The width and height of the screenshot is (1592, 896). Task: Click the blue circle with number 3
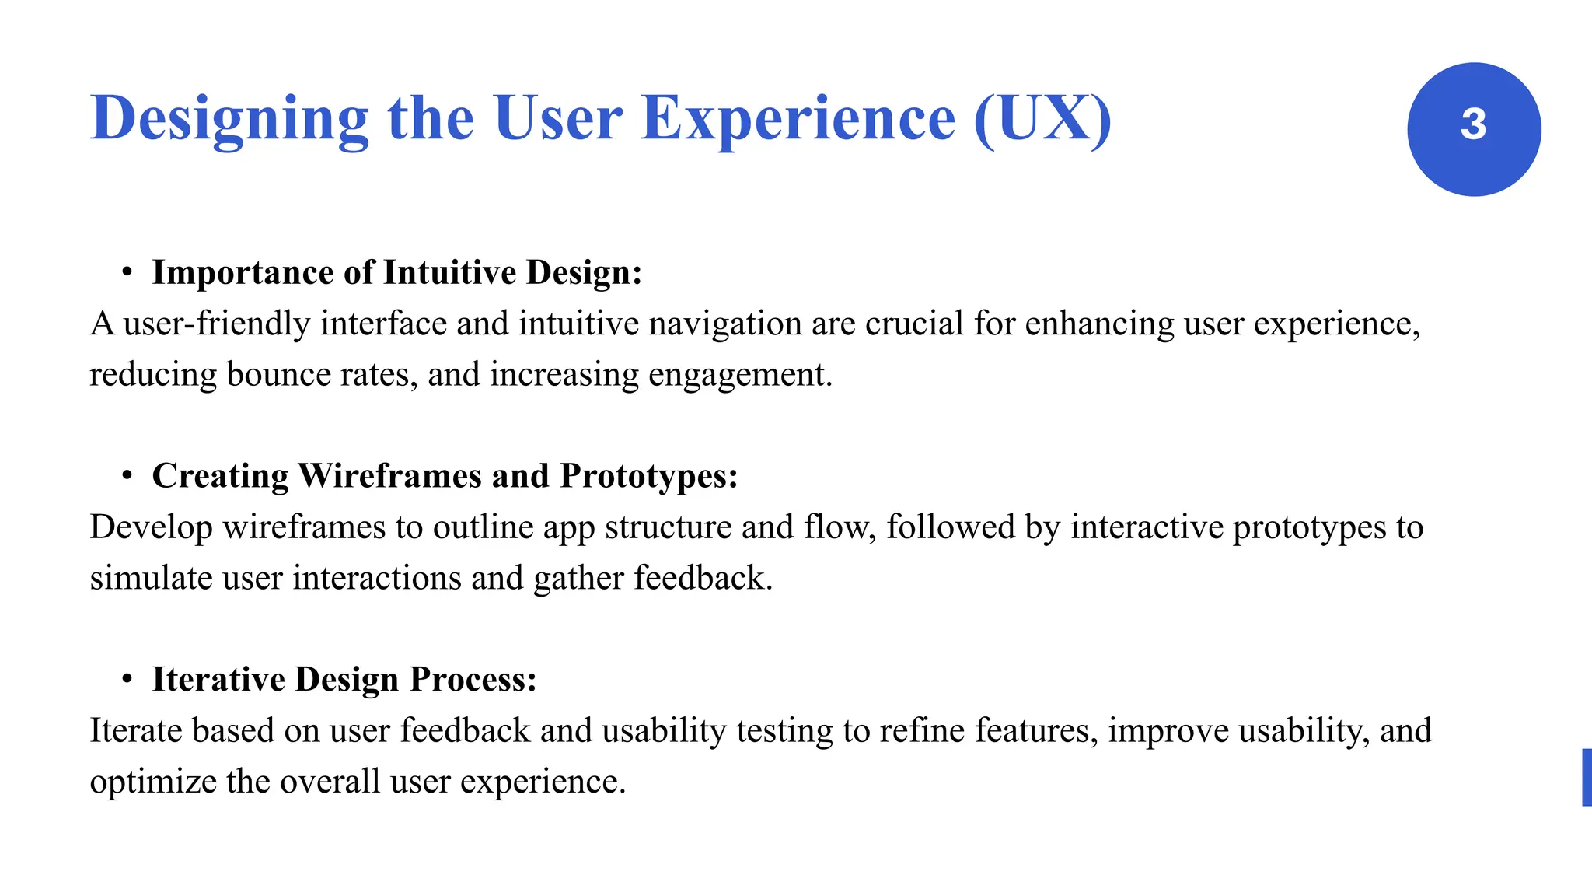point(1474,129)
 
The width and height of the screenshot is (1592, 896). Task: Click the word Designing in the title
point(229,119)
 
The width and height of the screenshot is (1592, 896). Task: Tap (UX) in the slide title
point(1042,119)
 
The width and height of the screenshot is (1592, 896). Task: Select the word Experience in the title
point(798,119)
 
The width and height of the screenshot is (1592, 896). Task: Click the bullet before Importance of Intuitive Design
point(127,273)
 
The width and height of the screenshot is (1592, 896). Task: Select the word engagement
point(739,375)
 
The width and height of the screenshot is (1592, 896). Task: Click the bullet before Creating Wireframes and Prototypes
point(127,476)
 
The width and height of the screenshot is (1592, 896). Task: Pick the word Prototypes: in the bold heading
point(648,476)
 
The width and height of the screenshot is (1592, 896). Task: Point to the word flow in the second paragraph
point(840,527)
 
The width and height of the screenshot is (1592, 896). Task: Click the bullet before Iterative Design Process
point(127,680)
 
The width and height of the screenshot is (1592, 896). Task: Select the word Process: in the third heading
point(473,680)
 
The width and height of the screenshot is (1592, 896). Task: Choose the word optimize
point(152,782)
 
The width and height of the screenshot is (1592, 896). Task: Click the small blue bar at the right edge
point(1587,777)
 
